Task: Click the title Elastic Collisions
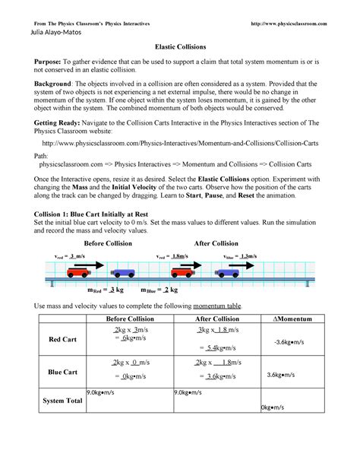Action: click(x=180, y=47)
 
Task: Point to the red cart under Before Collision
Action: click(x=80, y=271)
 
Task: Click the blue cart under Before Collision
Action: click(x=125, y=272)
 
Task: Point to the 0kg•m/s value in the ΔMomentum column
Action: click(x=272, y=407)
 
